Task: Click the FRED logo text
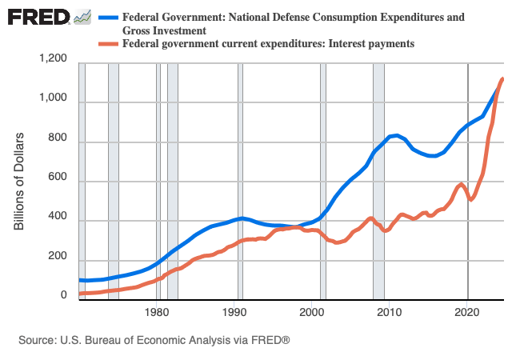pos(38,17)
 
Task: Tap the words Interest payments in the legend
pos(368,44)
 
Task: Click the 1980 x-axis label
pos(157,311)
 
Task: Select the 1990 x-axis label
pos(234,311)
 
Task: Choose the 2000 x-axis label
pos(312,311)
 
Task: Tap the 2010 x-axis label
pos(390,311)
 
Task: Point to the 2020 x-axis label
pos(467,311)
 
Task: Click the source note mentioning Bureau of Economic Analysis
pos(154,340)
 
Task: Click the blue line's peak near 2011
pos(395,135)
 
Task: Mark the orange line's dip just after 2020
pos(472,199)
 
